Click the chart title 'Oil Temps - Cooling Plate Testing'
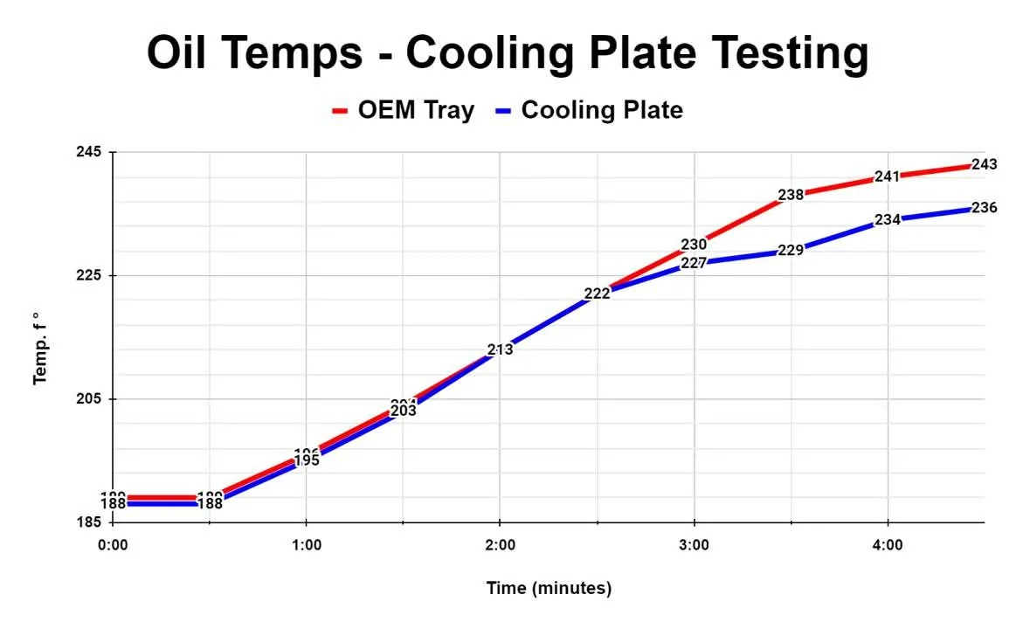[x=508, y=53]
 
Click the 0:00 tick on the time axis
[x=112, y=545]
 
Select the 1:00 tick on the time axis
[x=306, y=545]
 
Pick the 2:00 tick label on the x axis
[x=500, y=545]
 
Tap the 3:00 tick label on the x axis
[x=694, y=545]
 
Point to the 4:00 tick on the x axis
[x=888, y=545]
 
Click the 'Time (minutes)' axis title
[x=549, y=588]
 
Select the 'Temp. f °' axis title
[x=39, y=349]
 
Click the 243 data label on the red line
[x=984, y=164]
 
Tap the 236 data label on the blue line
[x=984, y=208]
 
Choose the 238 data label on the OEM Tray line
[x=791, y=195]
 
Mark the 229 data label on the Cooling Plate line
[x=791, y=250]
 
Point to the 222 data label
[x=597, y=294]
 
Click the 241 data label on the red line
[x=887, y=176]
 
